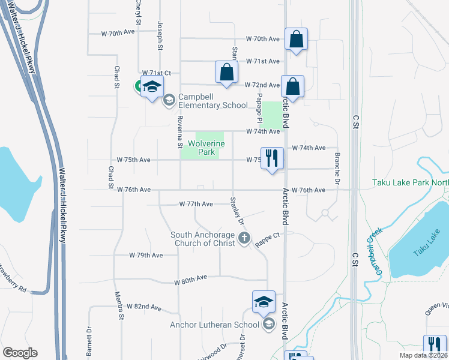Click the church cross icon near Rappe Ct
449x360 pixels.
tap(244, 239)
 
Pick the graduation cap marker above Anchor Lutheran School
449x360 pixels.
tap(264, 302)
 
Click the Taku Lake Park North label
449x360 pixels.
tap(410, 182)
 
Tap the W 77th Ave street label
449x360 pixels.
tap(196, 204)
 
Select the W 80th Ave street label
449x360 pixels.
tap(191, 280)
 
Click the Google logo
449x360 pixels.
tap(20, 353)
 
